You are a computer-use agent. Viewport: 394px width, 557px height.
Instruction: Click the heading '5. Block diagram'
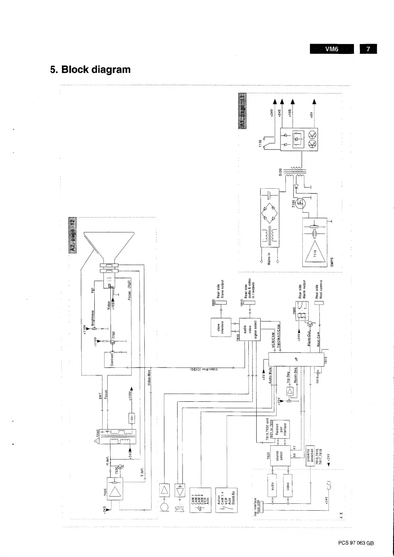point(90,70)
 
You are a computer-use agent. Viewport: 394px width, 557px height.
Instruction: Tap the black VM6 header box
point(332,49)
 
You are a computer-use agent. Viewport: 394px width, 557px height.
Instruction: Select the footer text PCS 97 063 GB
point(356,543)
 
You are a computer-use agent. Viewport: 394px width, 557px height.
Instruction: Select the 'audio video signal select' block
point(250,329)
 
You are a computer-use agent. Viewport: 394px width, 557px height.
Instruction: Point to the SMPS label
point(332,261)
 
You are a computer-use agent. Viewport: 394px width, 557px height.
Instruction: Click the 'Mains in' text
point(269,258)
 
